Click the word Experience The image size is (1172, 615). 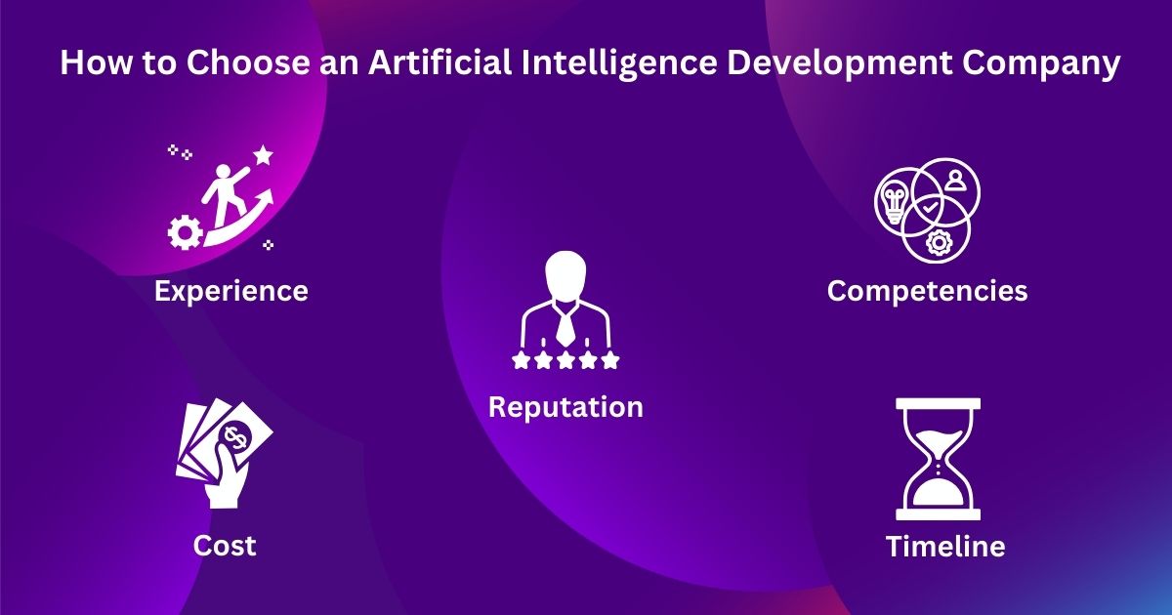coord(230,291)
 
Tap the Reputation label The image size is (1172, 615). coord(565,406)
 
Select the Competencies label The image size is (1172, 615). coord(927,291)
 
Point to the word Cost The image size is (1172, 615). coord(225,545)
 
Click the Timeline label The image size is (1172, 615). coord(944,547)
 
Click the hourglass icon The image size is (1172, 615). coord(938,459)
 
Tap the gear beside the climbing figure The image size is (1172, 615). coord(185,232)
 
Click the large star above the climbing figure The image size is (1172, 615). coord(262,154)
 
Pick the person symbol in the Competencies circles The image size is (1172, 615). coord(954,180)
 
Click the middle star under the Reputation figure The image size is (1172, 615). coord(565,361)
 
